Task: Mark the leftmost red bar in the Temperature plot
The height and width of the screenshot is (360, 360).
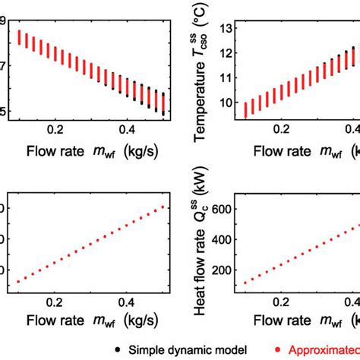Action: tap(246, 110)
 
